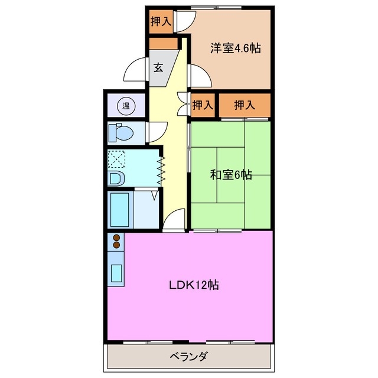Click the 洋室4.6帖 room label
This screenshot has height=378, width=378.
pos(235,49)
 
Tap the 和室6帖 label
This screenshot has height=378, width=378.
pos(232,175)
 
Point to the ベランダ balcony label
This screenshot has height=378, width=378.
pos(189,356)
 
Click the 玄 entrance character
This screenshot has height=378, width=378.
pos(158,67)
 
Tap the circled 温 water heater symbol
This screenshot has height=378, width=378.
pos(126,106)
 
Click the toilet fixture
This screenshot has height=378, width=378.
pos(120,133)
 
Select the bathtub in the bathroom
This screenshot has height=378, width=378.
pos(120,209)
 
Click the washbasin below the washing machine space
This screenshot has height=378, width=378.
pos(116,178)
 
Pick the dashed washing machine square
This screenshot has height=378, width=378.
pos(117,158)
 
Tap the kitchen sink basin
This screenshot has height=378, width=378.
pos(116,273)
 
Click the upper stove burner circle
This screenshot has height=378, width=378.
pos(116,237)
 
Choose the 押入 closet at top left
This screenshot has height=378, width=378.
pos(160,22)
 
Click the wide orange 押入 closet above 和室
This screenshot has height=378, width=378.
pos(245,106)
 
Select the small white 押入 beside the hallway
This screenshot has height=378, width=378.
pos(203,106)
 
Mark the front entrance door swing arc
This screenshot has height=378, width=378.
pos(135,72)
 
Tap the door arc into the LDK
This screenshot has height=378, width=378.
pos(174,221)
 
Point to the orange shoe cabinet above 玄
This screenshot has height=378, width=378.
pos(164,43)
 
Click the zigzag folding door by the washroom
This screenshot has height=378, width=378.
pos(160,165)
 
